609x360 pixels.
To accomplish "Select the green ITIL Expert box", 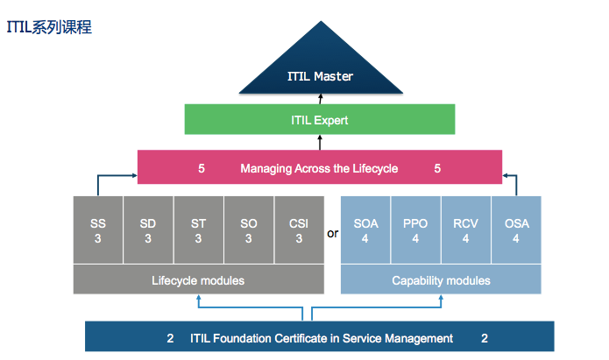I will point(320,119).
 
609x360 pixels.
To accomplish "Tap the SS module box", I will point(97,229).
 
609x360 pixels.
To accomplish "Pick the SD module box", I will point(148,229).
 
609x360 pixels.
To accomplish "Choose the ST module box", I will point(198,229).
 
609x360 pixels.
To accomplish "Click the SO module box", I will point(249,229).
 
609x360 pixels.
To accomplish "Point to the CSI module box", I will point(299,229).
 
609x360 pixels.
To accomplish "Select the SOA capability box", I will point(365,229).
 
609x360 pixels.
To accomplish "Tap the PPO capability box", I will point(415,229).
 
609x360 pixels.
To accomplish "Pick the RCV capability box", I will point(466,229).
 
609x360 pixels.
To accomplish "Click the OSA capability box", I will point(517,229).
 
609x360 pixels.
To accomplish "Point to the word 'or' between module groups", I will point(332,234).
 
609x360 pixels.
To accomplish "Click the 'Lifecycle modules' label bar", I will point(199,280).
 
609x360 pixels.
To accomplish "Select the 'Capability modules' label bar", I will point(441,280).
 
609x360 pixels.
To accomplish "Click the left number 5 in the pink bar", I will point(202,168).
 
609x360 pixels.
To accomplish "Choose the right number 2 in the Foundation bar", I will point(484,338).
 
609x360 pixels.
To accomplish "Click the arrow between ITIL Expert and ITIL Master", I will point(320,99).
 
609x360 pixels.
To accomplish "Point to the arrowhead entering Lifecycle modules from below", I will point(200,298).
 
